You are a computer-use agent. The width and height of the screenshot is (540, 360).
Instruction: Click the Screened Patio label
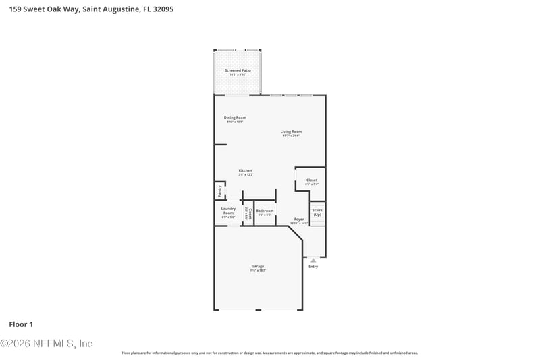(237, 70)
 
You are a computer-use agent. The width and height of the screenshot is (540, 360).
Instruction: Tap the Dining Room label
(236, 118)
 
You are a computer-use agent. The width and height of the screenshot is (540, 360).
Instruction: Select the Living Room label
(291, 132)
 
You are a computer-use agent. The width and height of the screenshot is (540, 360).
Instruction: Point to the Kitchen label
(245, 170)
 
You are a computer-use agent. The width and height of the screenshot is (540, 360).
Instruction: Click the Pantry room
(219, 191)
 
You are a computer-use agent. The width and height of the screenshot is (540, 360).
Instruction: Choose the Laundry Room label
(228, 211)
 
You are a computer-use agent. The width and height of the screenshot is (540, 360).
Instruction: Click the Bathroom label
(265, 211)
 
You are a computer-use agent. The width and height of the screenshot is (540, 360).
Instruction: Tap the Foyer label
(299, 219)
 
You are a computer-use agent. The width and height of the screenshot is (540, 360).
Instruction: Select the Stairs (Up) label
(317, 212)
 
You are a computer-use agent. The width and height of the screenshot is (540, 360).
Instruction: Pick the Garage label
(258, 266)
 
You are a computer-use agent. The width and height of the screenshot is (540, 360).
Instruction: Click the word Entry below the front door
(313, 267)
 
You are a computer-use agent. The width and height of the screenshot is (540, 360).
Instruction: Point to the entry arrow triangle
(313, 259)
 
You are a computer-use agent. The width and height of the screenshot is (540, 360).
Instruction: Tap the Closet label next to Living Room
(311, 180)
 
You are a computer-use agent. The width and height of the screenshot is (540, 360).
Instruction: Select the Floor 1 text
(21, 324)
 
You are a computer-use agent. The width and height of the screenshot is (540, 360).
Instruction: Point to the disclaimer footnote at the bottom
(269, 353)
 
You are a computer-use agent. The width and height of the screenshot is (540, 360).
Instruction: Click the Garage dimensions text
(258, 270)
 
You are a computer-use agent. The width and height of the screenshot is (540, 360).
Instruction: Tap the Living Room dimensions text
(291, 136)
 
